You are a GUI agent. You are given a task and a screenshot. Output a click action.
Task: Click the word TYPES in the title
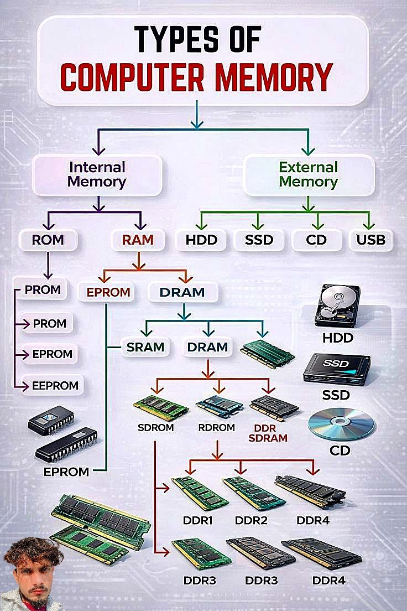click(x=176, y=39)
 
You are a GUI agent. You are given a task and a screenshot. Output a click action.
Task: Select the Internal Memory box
click(x=97, y=175)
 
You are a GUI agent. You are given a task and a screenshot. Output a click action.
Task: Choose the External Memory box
click(x=309, y=175)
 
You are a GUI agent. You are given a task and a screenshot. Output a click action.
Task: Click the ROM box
click(x=48, y=240)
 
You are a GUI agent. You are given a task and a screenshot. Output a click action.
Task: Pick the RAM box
click(x=138, y=240)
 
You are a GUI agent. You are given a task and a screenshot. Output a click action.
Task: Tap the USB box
click(x=371, y=240)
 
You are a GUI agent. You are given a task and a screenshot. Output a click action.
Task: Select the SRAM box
click(x=145, y=347)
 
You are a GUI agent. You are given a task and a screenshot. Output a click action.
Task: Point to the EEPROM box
click(x=55, y=385)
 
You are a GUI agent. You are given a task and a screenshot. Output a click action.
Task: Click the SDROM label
click(x=156, y=427)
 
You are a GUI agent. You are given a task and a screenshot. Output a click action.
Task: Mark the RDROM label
click(x=217, y=427)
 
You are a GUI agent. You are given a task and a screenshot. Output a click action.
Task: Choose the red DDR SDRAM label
click(x=268, y=433)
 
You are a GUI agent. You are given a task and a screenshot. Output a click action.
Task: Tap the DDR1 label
click(x=198, y=520)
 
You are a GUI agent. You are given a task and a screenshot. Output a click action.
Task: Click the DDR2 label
click(x=251, y=520)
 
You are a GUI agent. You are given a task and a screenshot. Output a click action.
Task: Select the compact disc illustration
click(x=341, y=424)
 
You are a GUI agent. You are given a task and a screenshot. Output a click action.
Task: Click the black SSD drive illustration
click(x=337, y=369)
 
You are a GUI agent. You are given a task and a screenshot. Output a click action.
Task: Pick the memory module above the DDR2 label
click(x=254, y=493)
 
